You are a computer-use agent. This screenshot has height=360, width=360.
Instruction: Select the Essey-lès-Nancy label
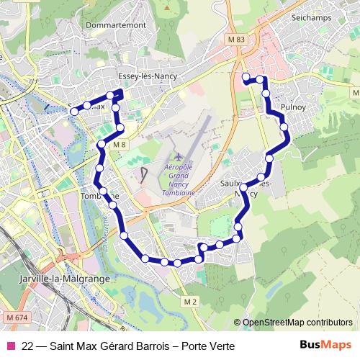pyautogui.click(x=144, y=75)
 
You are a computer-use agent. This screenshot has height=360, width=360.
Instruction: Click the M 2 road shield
pyautogui.click(x=189, y=300)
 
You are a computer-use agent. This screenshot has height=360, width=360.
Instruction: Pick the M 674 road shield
pyautogui.click(x=19, y=318)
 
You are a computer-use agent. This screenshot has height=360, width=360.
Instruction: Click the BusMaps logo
pyautogui.click(x=325, y=346)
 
